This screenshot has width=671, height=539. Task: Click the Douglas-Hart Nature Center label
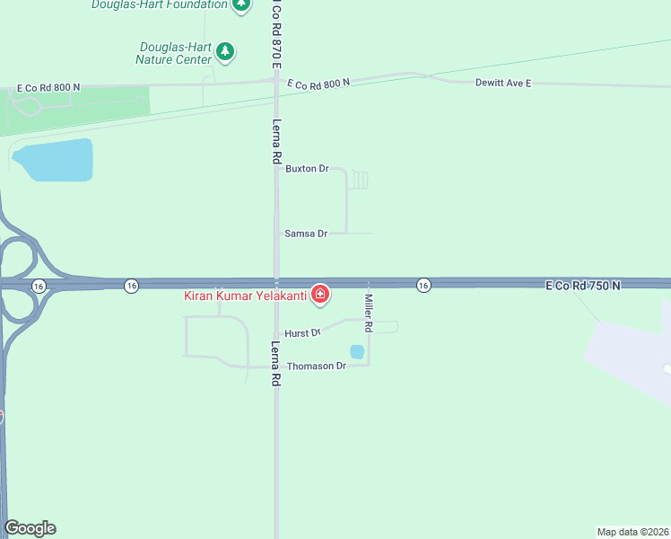coord(174,53)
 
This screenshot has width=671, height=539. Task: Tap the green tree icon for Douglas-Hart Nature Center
coord(225,51)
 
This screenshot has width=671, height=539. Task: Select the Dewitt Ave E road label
coord(502,83)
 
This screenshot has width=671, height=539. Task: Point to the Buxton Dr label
coord(308,168)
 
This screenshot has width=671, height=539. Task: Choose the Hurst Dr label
coord(303,333)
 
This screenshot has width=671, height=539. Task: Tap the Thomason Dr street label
coord(316,367)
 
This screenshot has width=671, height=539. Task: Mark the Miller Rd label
coord(368,315)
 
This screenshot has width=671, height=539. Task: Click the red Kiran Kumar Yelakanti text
coord(245,295)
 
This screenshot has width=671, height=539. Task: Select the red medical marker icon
coord(319,294)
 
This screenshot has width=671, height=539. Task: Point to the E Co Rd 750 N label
coord(584,285)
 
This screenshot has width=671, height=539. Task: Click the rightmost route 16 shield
coord(423,285)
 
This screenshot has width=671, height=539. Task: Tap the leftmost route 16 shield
coord(38,285)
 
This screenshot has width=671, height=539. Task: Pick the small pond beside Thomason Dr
coord(356,351)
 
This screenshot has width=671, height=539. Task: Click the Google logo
coord(30,528)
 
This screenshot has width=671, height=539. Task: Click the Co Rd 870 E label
coord(277,34)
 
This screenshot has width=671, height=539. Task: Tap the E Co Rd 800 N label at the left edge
coord(48,87)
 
